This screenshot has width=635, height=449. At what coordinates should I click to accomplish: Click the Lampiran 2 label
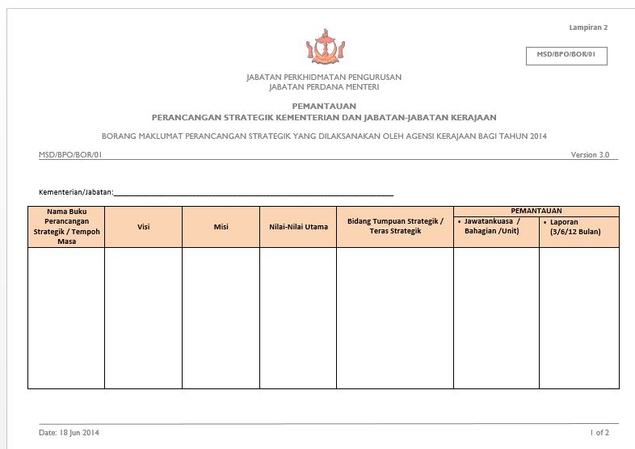[587, 27]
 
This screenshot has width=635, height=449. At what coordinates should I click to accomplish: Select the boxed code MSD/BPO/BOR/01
[566, 55]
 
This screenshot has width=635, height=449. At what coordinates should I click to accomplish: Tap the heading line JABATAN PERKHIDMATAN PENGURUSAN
[323, 78]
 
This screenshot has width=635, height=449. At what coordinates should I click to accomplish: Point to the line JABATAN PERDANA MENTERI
[323, 86]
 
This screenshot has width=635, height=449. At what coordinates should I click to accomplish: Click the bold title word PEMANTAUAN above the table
[323, 107]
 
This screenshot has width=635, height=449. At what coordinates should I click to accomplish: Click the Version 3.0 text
[590, 154]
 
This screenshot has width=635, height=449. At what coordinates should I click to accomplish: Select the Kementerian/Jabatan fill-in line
[254, 193]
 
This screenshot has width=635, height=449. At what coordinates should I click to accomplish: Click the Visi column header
[143, 227]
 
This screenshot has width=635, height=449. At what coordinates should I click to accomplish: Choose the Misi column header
[221, 227]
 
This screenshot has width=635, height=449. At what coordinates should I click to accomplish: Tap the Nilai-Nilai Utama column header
[298, 227]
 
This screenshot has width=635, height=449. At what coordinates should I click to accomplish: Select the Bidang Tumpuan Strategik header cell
[395, 226]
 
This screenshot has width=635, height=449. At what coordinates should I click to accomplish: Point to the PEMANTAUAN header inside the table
[536, 211]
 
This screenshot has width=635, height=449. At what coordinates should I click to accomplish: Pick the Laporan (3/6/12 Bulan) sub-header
[578, 227]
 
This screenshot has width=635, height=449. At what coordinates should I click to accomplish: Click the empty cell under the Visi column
[143, 317]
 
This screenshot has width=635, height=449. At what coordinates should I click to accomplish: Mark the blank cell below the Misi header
[221, 317]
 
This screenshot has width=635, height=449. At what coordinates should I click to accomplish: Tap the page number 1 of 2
[599, 433]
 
